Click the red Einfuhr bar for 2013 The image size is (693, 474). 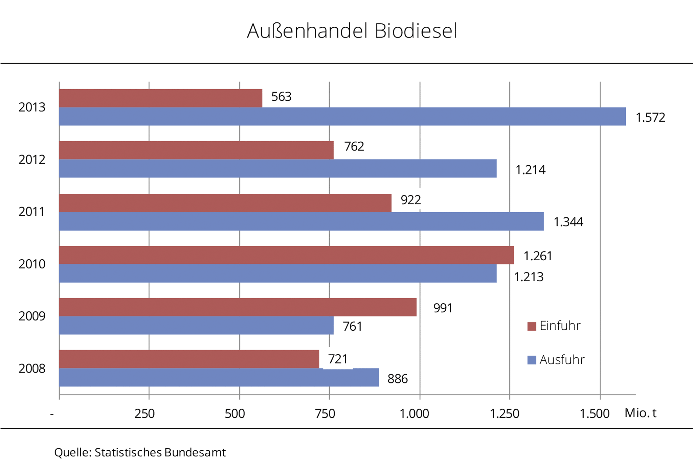click(x=160, y=98)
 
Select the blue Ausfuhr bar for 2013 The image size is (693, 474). click(x=342, y=116)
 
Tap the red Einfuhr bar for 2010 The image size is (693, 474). click(x=286, y=255)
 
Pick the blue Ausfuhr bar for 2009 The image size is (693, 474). click(x=196, y=325)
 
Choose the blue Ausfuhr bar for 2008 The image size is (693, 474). click(x=219, y=377)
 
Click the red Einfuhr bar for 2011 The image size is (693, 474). click(x=225, y=203)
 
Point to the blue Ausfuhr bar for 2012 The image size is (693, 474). click(x=277, y=168)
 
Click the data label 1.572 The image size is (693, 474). click(x=650, y=118)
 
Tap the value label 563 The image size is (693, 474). click(x=281, y=97)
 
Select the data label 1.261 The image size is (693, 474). click(x=537, y=256)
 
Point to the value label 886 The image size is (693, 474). click(x=397, y=379)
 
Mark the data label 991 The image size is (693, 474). click(x=443, y=308)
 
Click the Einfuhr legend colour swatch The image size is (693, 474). click(x=532, y=326)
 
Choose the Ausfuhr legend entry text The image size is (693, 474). click(x=562, y=360)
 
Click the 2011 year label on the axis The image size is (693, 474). click(x=31, y=212)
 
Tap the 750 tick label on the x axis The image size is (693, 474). click(x=325, y=413)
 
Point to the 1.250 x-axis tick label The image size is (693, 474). click(x=504, y=413)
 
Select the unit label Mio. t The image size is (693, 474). click(x=640, y=413)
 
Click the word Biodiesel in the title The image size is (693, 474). click(x=416, y=31)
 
